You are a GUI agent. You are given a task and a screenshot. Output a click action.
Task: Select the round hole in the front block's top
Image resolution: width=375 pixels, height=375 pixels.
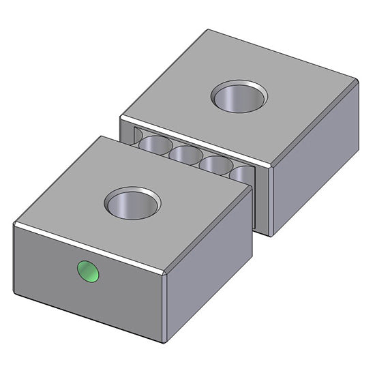point(132,204)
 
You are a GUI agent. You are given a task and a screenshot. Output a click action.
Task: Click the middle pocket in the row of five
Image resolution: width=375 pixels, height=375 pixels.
point(185,155)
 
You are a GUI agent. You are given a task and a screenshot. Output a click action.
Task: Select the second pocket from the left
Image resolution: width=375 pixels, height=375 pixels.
point(157,145)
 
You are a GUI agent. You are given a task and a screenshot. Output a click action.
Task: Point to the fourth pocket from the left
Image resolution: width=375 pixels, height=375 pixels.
point(215,165)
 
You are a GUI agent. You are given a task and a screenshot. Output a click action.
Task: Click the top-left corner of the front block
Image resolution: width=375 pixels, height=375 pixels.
point(14,224)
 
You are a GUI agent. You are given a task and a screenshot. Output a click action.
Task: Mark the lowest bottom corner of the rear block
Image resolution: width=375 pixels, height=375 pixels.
point(271,236)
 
